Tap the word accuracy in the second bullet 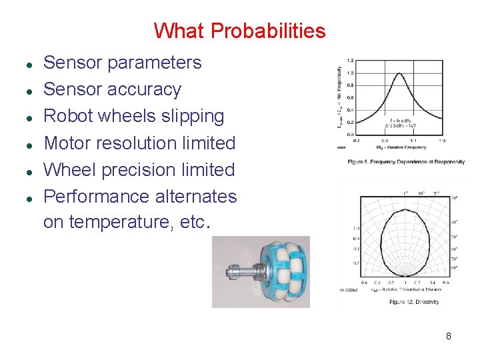pyautogui.click(x=147, y=89)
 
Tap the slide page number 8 pyautogui.click(x=448, y=336)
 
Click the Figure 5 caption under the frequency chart pyautogui.click(x=405, y=162)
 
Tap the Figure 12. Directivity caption pyautogui.click(x=414, y=302)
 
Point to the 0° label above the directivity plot pyautogui.click(x=406, y=193)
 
